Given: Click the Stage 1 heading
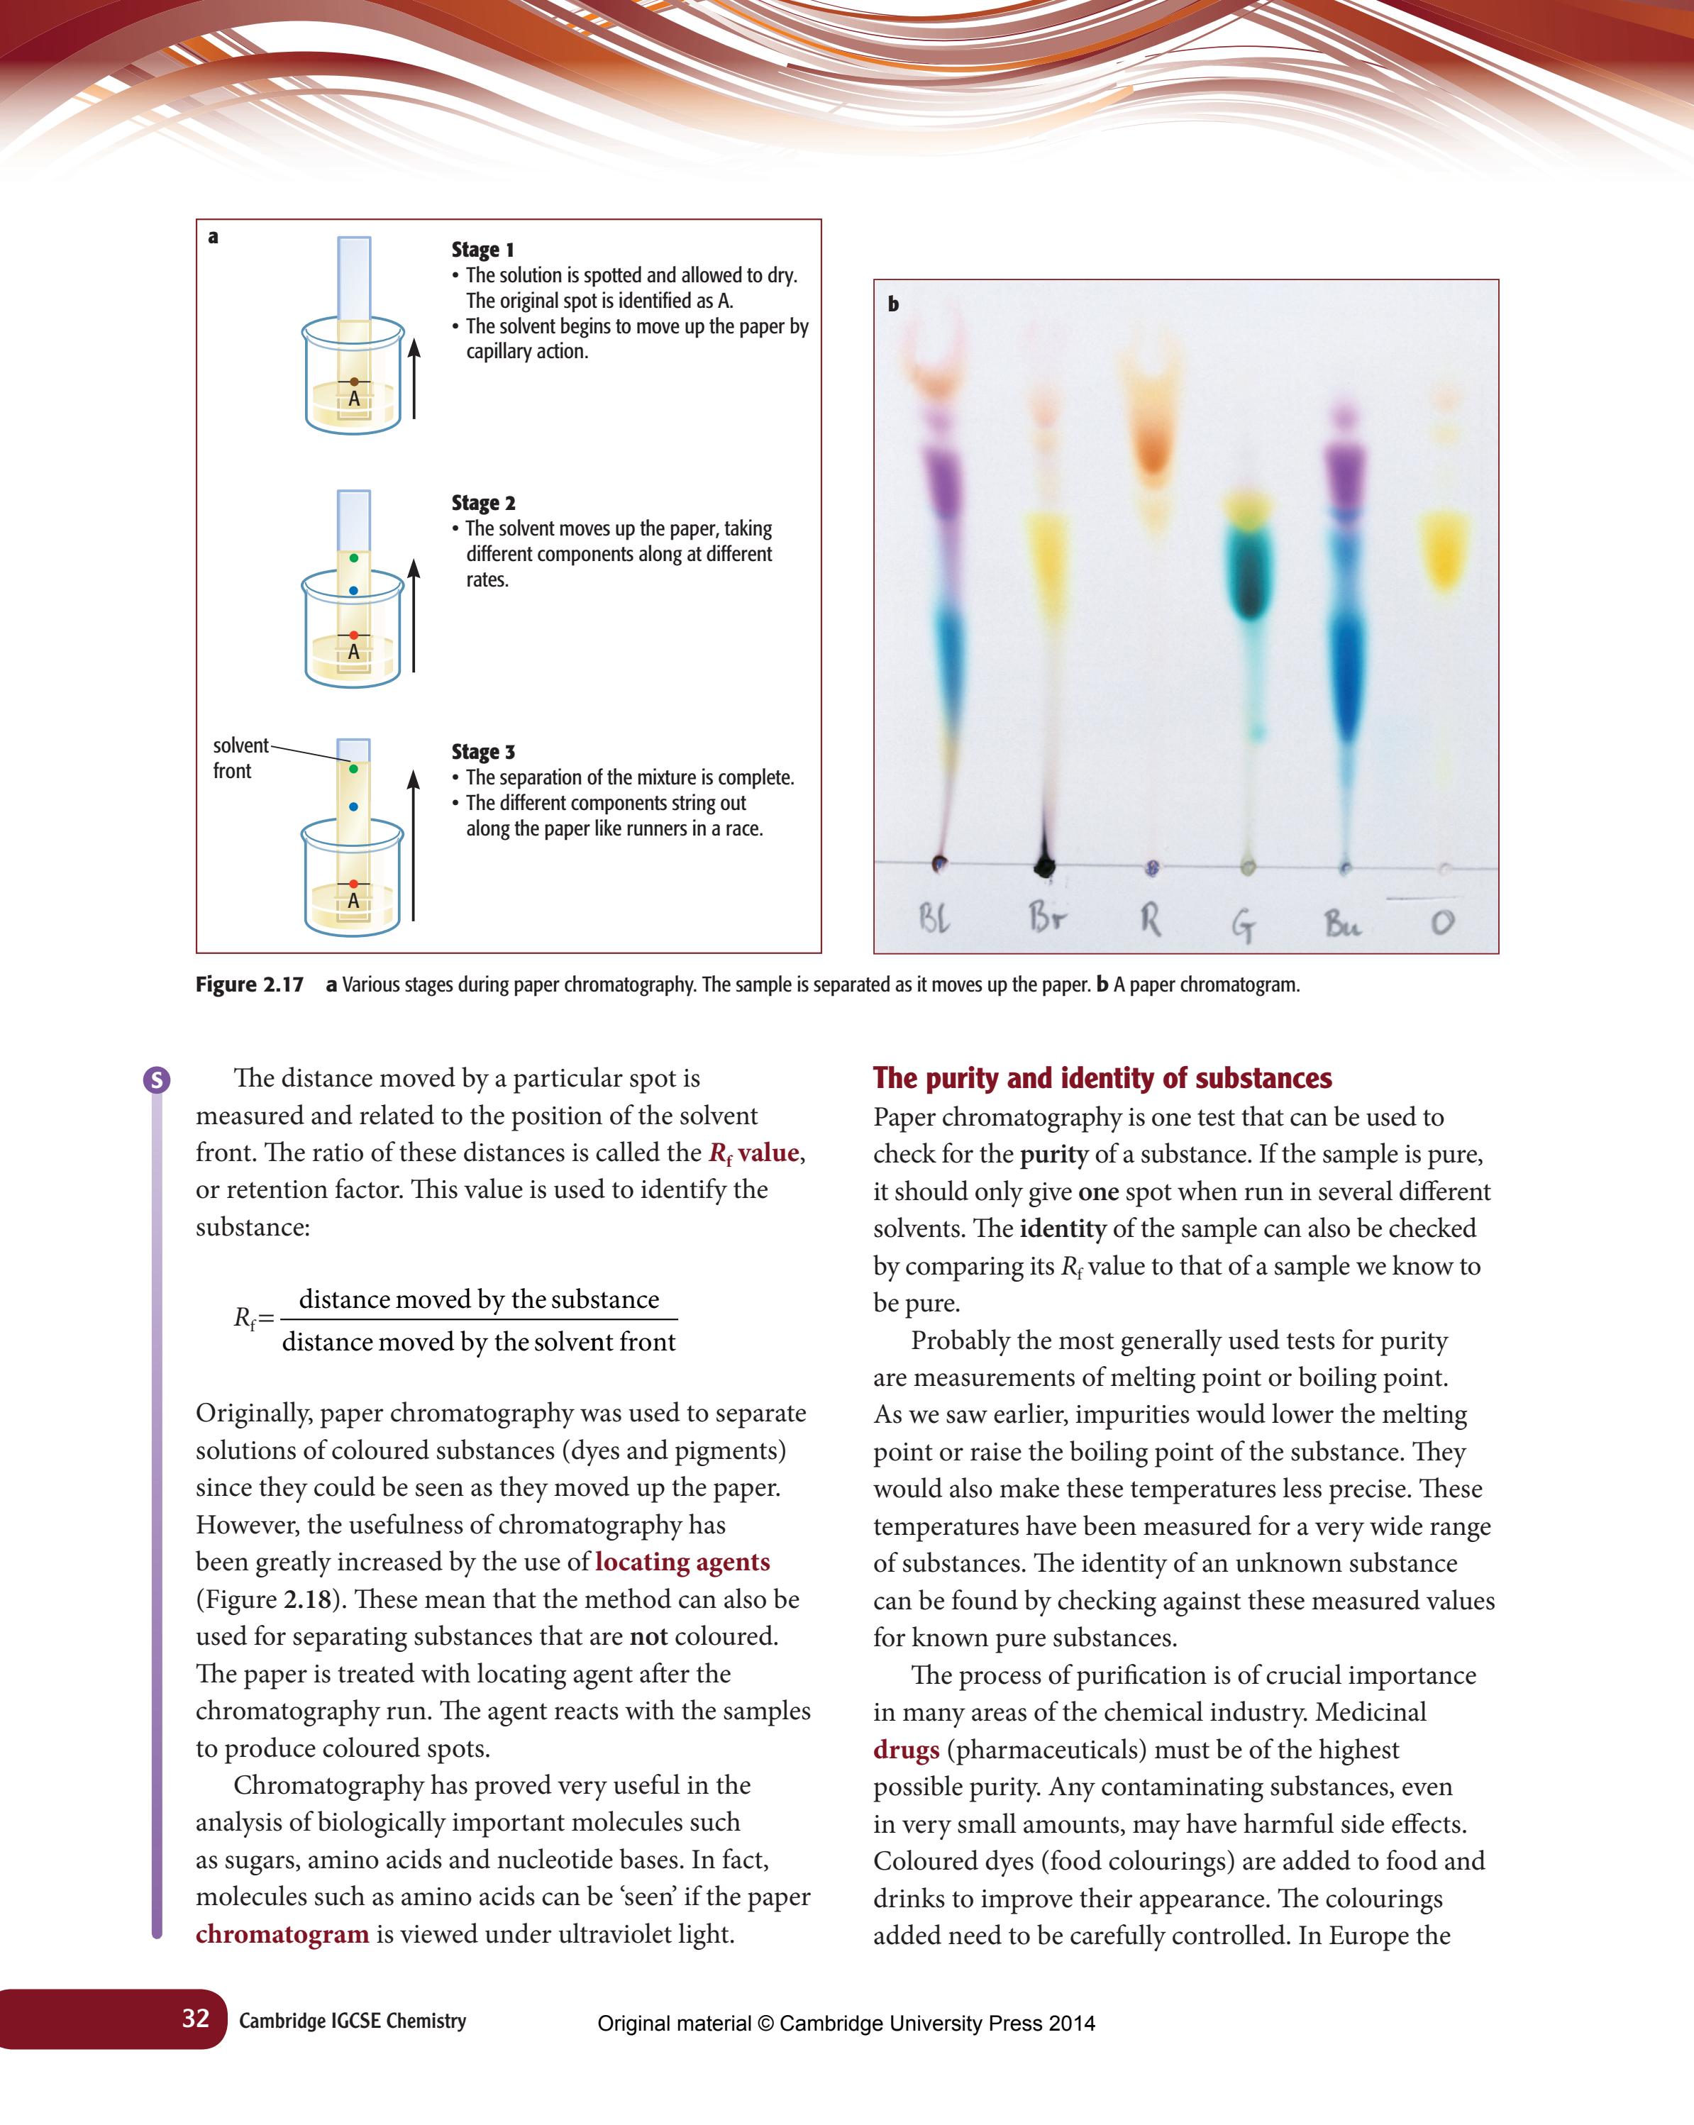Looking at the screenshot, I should pyautogui.click(x=482, y=250).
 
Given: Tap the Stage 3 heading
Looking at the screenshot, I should pyautogui.click(x=483, y=751).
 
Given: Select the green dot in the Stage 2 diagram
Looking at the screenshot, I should pyautogui.click(x=354, y=558).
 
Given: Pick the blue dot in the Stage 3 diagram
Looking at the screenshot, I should pyautogui.click(x=354, y=806).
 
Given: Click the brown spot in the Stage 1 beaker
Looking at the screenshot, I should pyautogui.click(x=354, y=382).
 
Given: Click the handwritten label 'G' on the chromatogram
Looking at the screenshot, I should pyautogui.click(x=1244, y=923).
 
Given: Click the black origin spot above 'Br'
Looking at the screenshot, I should pyautogui.click(x=1043, y=866).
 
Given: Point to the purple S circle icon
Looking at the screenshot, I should pyautogui.click(x=157, y=1080).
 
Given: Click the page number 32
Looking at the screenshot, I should pyautogui.click(x=195, y=2018).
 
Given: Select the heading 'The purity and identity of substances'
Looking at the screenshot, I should pyautogui.click(x=1102, y=1077).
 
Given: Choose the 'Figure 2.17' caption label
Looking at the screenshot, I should pyautogui.click(x=250, y=984).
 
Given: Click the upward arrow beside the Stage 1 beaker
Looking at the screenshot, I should pyautogui.click(x=414, y=379).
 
